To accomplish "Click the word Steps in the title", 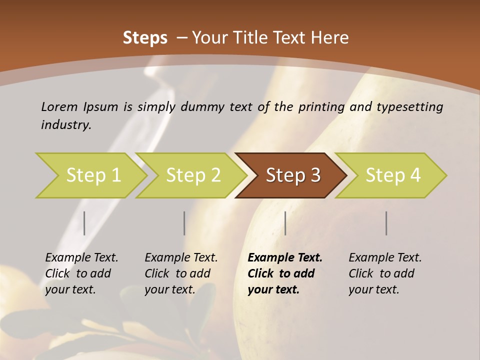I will click(x=145, y=38).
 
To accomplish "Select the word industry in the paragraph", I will click(x=65, y=124).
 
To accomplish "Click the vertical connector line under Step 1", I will click(x=84, y=223).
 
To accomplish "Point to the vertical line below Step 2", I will click(x=184, y=223).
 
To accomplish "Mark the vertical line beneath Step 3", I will click(x=285, y=223).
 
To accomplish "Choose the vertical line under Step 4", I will click(x=386, y=223).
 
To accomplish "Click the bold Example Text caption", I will click(x=285, y=273).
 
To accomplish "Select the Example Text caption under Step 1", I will click(x=81, y=273).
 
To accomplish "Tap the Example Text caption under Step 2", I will click(x=181, y=273).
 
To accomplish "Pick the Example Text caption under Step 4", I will click(x=385, y=273).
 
